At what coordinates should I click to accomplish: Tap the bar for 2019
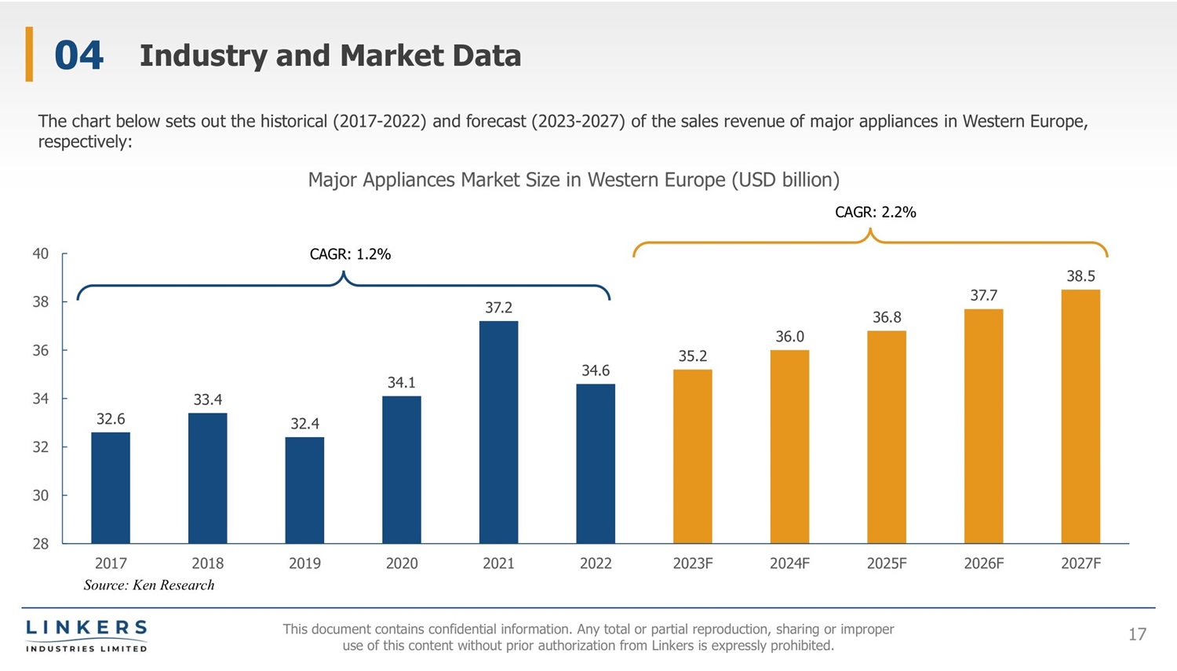[x=304, y=490]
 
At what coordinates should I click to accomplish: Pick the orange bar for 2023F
[x=692, y=456]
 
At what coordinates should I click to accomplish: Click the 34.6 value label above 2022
[x=596, y=370]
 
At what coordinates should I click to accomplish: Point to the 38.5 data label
[x=1080, y=276]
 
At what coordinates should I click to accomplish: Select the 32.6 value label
[x=111, y=419]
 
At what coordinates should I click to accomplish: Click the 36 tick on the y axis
[x=41, y=350]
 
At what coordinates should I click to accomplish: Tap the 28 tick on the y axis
[x=41, y=544]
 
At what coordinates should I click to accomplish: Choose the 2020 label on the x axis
[x=402, y=563]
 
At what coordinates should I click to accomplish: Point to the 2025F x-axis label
[x=887, y=563]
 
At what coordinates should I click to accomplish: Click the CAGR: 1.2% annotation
[x=350, y=254]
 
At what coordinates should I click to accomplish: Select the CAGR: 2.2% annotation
[x=876, y=212]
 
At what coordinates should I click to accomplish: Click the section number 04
[x=78, y=56]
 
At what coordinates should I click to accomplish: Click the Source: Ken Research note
[x=149, y=585]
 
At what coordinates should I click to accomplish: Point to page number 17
[x=1137, y=634]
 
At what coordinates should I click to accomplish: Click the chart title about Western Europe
[x=574, y=180]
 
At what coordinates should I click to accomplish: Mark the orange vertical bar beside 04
[x=29, y=54]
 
